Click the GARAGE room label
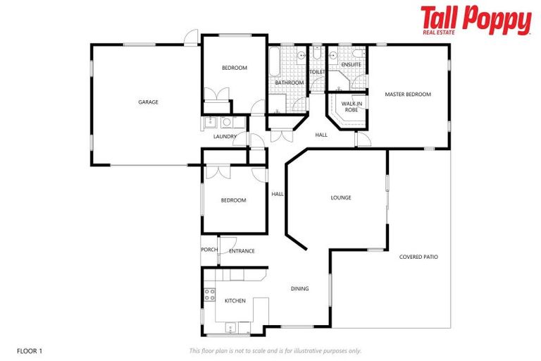tap(148, 102)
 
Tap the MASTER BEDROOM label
tap(408, 94)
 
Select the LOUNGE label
tap(341, 198)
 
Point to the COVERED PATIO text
tap(418, 257)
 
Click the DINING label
tap(300, 288)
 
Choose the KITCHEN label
tap(235, 301)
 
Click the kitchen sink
tap(230, 328)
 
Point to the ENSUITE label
tap(351, 65)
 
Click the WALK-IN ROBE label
tap(352, 106)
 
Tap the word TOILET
tap(317, 72)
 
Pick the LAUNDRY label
tap(225, 137)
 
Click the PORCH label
tap(209, 250)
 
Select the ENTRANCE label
tap(242, 251)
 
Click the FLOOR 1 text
tap(29, 350)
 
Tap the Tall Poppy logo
tap(475, 20)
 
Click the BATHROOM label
tap(289, 83)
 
